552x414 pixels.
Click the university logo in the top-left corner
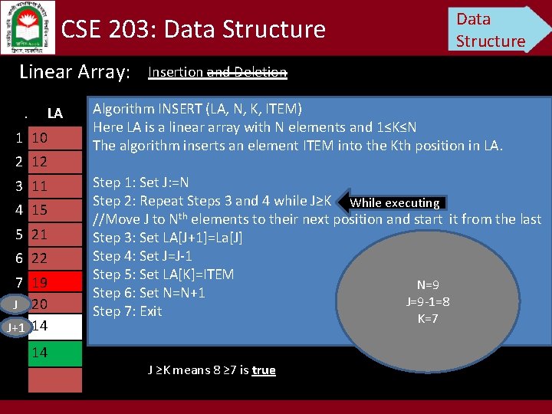27,27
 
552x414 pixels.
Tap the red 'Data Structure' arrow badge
495,30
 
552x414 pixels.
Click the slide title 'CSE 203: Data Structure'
193,30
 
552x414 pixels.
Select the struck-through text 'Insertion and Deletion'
217,73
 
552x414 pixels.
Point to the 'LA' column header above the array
54,113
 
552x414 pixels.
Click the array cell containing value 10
54,138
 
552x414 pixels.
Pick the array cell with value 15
54,209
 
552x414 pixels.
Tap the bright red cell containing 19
54,282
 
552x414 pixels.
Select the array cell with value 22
54,258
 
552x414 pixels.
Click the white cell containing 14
54,326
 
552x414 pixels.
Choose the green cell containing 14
54,353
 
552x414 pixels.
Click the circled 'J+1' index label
15,327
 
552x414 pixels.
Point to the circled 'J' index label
15,304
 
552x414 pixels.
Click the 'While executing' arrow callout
391,203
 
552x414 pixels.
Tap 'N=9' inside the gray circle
428,284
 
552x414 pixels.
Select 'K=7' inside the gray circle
428,318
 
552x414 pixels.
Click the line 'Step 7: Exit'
127,311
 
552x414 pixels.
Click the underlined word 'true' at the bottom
263,370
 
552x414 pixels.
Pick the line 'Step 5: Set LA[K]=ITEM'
163,274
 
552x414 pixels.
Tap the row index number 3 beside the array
18,186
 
